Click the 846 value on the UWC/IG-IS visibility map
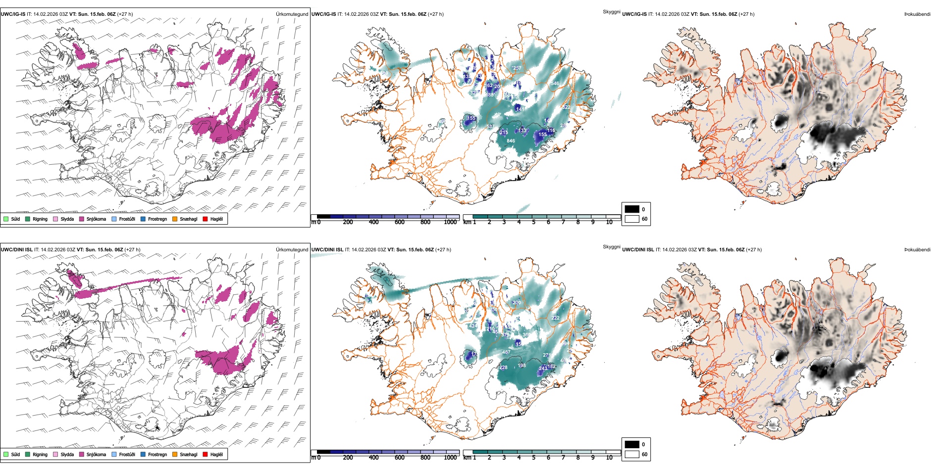(x=511, y=141)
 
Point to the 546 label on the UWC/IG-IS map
(x=555, y=84)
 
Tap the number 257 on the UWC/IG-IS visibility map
(x=517, y=68)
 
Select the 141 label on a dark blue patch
(x=519, y=109)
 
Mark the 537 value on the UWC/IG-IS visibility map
(x=489, y=127)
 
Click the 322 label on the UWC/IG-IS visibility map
(x=566, y=107)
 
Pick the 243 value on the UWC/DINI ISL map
(x=543, y=368)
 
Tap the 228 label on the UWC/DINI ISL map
(x=503, y=368)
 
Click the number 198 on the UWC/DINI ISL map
(x=522, y=366)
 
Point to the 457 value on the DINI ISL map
(x=506, y=352)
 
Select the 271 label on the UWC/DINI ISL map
(x=546, y=355)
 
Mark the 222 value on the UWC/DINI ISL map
(x=555, y=318)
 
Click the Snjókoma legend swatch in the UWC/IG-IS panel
(x=82, y=219)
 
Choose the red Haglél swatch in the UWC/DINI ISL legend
(x=206, y=455)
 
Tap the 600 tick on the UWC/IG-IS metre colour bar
(x=400, y=222)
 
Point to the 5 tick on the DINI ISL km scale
(x=533, y=458)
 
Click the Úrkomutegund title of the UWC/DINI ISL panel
(x=292, y=250)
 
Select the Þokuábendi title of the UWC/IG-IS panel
(x=917, y=14)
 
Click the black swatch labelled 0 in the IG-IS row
(x=632, y=209)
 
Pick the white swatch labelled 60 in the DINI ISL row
(x=632, y=454)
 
